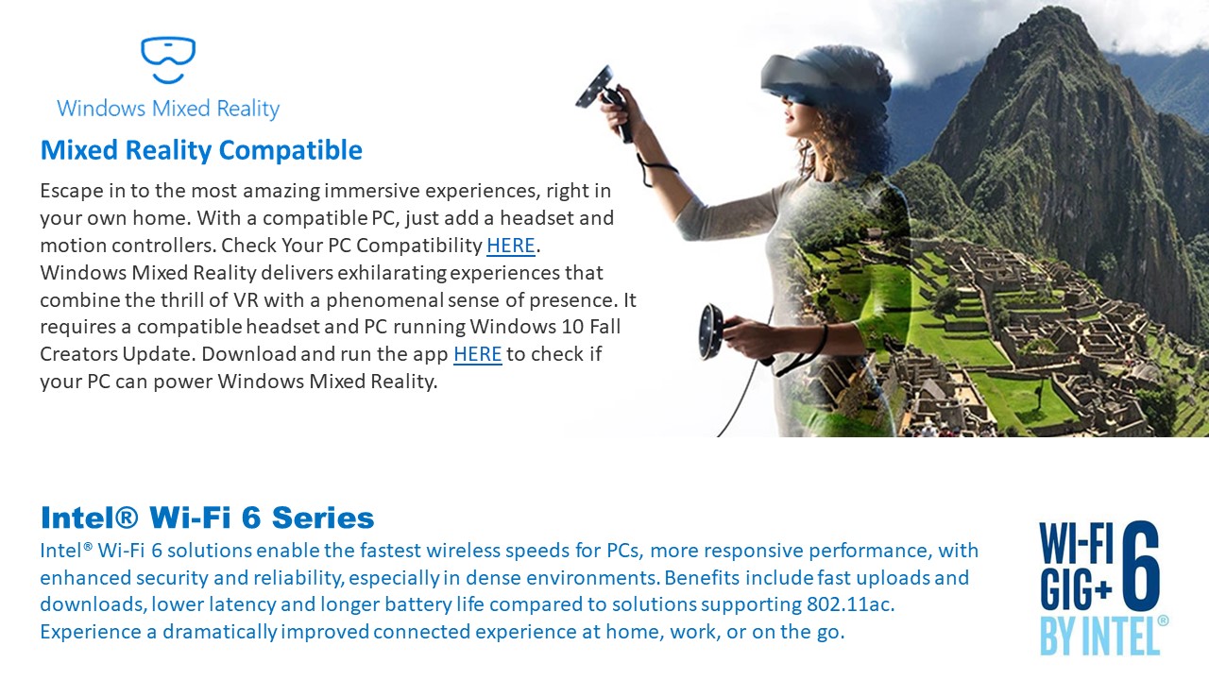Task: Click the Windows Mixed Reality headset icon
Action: pos(168,59)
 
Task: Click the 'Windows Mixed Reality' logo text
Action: pos(168,109)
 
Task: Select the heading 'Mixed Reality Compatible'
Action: pos(201,150)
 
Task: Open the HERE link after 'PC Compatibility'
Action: pos(511,246)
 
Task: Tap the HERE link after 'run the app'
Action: pos(478,354)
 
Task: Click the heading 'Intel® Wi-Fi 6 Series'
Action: pos(207,518)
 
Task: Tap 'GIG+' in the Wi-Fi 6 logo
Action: pos(1076,588)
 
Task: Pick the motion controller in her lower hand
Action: pos(724,334)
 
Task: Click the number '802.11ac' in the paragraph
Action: pos(850,604)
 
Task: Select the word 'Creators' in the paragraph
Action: pos(79,354)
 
